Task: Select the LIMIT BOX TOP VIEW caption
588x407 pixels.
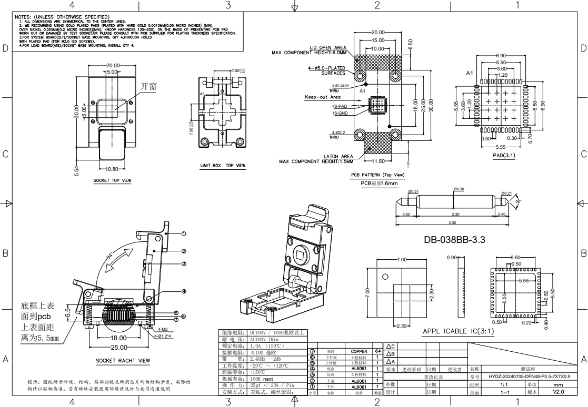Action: click(223, 166)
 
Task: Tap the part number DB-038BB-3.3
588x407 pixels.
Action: click(455, 240)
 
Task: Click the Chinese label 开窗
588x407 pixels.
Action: click(149, 86)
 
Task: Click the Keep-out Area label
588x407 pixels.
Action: click(323, 97)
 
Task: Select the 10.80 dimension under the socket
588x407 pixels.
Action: click(112, 169)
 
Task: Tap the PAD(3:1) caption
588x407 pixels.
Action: click(504, 156)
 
